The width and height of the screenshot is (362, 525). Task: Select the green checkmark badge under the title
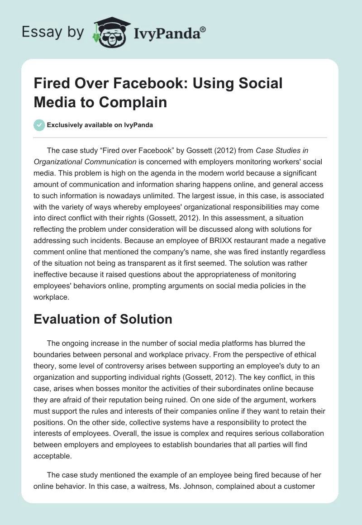pyautogui.click(x=39, y=125)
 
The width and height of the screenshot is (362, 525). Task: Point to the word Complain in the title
pyautogui.click(x=135, y=102)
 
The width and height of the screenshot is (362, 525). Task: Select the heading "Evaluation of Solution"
pyautogui.click(x=103, y=319)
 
